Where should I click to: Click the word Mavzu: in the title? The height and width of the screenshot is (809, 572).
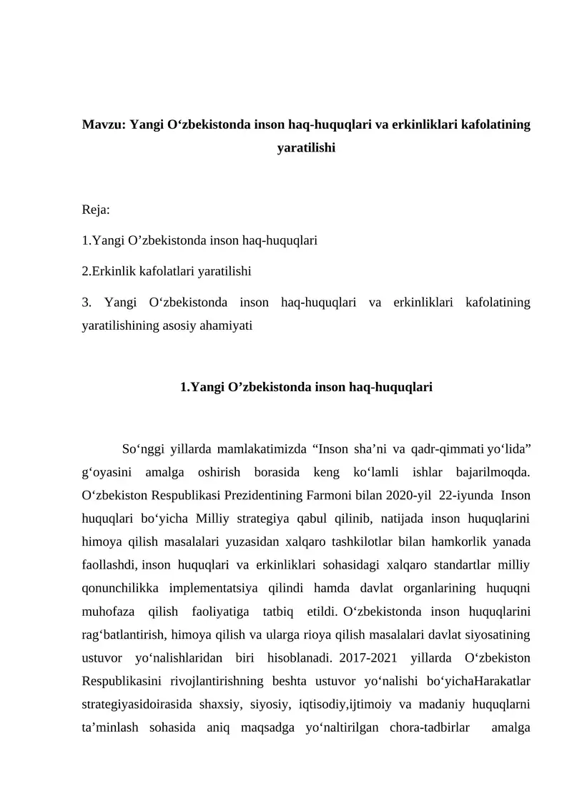point(104,126)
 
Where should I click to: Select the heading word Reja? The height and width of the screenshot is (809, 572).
point(96,210)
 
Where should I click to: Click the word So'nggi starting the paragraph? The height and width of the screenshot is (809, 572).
point(141,449)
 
